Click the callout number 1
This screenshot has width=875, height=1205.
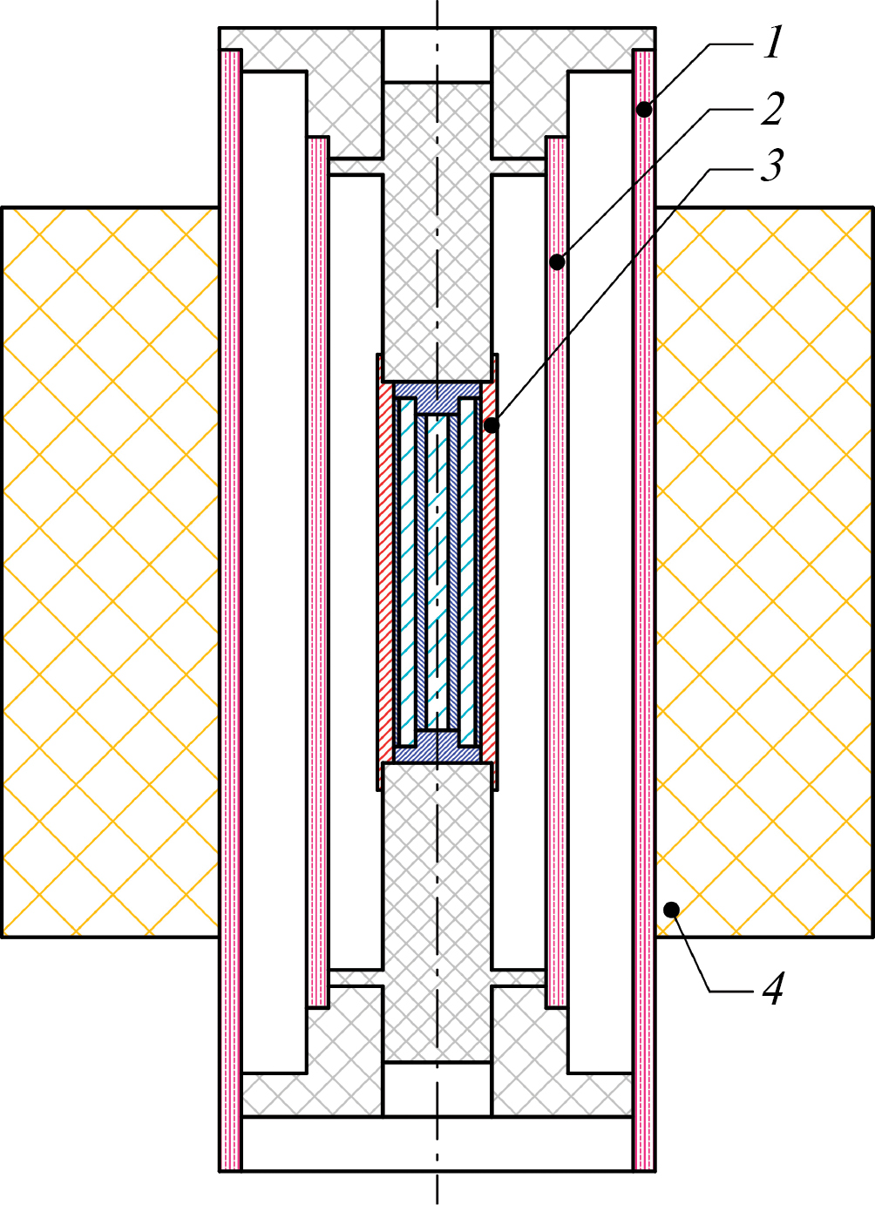tap(773, 44)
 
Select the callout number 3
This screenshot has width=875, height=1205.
tap(771, 166)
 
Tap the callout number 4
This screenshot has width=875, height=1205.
tap(773, 989)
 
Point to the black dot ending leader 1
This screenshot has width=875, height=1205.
tap(644, 111)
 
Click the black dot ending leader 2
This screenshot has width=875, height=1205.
tap(557, 262)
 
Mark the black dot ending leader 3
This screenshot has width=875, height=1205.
tap(492, 425)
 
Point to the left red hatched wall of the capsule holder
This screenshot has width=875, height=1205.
tap(386, 572)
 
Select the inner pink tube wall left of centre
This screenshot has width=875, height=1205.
tap(318, 573)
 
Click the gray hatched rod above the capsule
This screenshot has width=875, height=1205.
tap(437, 231)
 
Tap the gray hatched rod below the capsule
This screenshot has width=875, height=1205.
tap(437, 911)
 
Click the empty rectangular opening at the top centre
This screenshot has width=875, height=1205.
tap(437, 55)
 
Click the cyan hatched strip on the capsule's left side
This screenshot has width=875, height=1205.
tap(407, 572)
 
